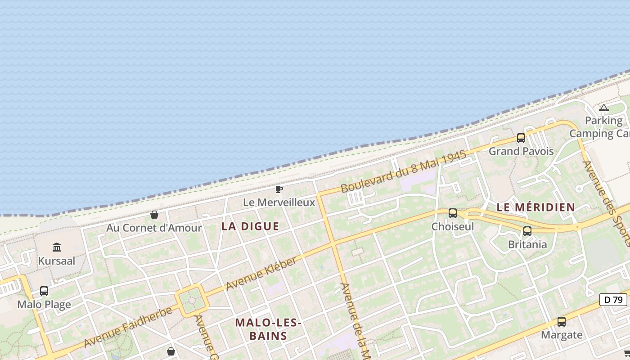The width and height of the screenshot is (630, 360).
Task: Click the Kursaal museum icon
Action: click(57, 247)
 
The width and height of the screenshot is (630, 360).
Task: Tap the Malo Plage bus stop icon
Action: click(44, 291)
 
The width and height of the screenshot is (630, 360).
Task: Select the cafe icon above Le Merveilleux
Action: click(279, 189)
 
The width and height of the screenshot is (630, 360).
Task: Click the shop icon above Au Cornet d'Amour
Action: click(154, 215)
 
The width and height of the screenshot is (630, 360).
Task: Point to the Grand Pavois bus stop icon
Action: click(521, 138)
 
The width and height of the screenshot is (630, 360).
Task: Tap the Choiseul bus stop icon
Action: click(453, 213)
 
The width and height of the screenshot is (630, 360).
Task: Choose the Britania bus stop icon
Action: click(527, 231)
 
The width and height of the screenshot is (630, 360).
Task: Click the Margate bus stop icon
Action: click(562, 322)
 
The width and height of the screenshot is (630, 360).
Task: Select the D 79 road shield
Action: click(613, 299)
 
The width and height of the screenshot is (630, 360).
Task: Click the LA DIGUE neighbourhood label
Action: click(250, 226)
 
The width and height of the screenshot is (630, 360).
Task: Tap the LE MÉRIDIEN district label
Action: click(535, 207)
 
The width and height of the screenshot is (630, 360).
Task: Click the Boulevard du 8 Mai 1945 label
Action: click(403, 171)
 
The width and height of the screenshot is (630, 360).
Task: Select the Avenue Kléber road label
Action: click(261, 273)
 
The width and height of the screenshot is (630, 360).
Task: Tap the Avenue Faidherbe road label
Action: click(128, 327)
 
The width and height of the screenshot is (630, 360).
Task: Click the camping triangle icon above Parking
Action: click(604, 108)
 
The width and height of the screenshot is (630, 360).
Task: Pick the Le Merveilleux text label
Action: click(279, 202)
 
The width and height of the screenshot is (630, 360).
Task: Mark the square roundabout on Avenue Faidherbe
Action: click(192, 301)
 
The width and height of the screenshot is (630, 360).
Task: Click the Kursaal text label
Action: click(57, 261)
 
